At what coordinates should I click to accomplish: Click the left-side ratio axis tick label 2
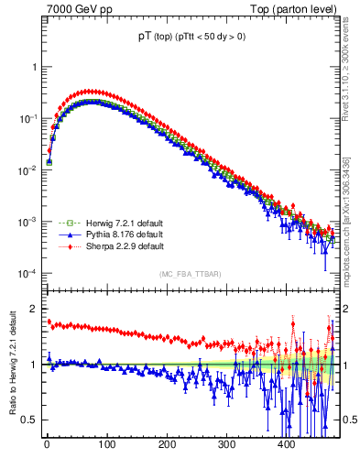[31, 309]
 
